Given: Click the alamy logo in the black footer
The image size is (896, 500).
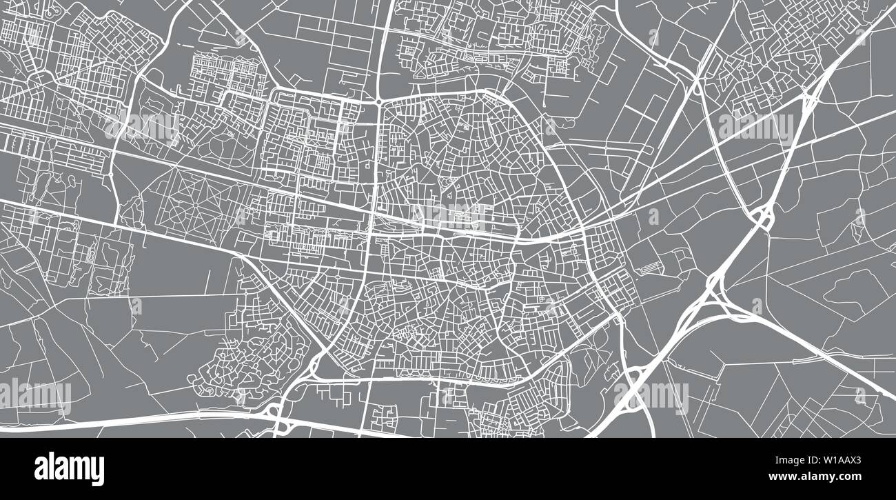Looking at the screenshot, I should click(69, 468).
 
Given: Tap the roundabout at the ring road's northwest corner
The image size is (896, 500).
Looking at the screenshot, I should click(378, 101).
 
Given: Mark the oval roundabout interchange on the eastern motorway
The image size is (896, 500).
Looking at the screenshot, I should click(763, 217).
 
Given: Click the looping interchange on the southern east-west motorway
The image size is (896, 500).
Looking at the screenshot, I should click(276, 414).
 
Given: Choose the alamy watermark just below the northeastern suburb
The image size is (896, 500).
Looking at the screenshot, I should click(755, 128).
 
